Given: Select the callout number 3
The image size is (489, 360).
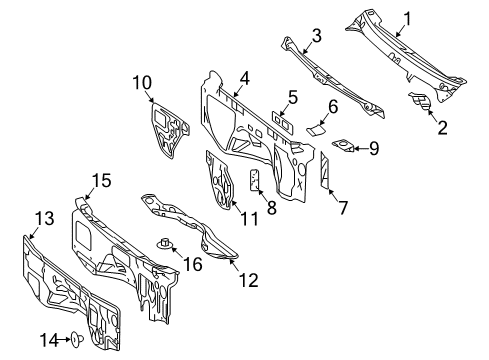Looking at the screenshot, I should point(315,36).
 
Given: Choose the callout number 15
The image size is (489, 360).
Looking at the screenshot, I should point(100,179).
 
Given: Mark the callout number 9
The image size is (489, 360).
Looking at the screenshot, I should point(373,150).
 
